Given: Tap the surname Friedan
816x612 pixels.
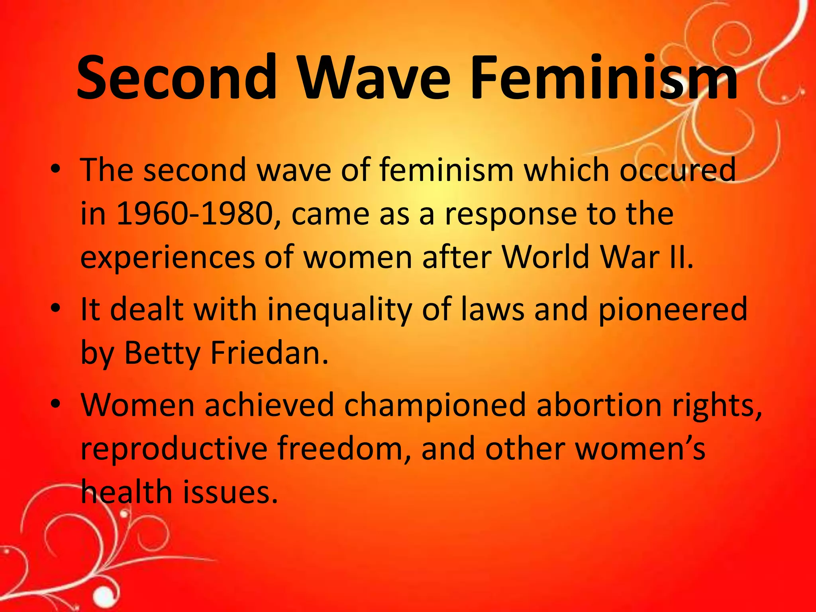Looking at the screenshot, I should point(269,353).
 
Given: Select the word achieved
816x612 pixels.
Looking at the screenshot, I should point(269,405).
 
